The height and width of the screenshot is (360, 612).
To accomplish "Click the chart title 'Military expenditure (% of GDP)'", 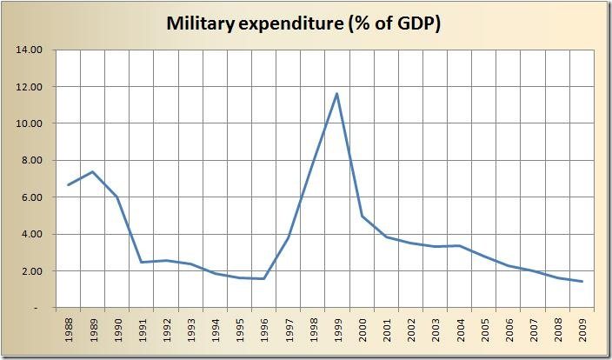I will click(x=304, y=24).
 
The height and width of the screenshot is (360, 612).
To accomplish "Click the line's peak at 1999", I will click(x=336, y=94).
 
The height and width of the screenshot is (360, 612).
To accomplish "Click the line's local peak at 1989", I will click(x=92, y=171).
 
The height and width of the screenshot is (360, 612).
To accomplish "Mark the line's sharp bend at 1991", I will click(x=141, y=262).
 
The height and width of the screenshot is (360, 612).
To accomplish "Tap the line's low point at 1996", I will click(x=263, y=278).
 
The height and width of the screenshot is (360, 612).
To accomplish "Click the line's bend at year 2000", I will click(x=361, y=216).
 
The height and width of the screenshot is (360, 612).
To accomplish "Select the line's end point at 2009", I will click(x=582, y=281).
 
